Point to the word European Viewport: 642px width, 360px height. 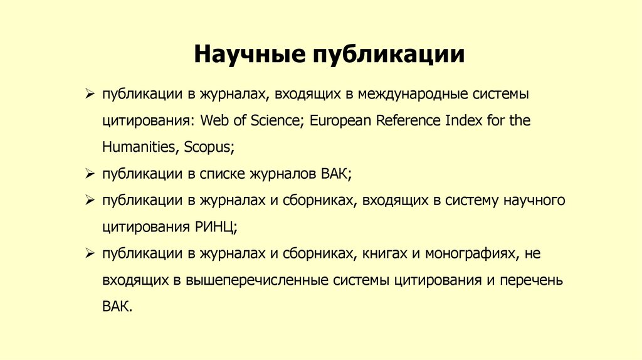341,120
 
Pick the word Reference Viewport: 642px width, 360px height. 408,120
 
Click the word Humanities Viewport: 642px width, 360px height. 139,147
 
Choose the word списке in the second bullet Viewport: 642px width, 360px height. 222,174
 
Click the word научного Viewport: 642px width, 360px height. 534,200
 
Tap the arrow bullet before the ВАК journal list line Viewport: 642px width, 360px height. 90,173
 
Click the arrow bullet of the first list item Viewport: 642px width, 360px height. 90,94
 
